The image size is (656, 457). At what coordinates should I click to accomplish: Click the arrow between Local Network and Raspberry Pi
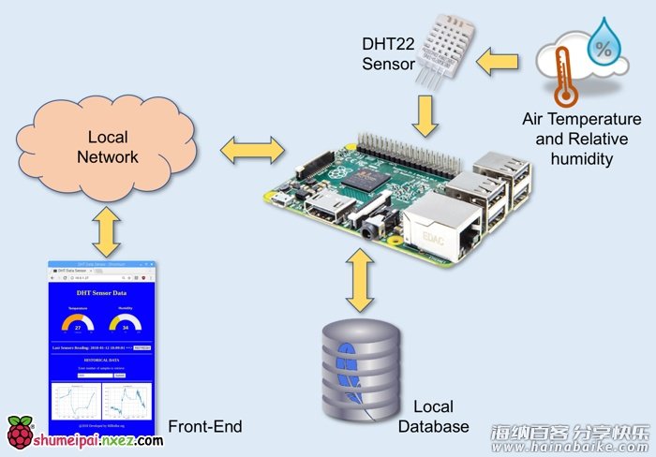click(251, 148)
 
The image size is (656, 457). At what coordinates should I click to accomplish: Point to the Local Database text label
click(433, 417)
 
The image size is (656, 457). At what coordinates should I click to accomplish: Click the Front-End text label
click(205, 427)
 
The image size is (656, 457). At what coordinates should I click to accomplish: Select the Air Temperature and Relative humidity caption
click(580, 140)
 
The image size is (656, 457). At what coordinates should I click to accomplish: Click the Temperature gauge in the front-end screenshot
click(78, 323)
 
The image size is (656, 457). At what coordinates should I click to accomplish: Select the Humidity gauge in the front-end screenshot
click(125, 323)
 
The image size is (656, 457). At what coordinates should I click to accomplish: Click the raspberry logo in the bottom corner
click(20, 434)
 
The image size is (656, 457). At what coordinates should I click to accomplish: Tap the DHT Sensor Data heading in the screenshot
click(101, 293)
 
